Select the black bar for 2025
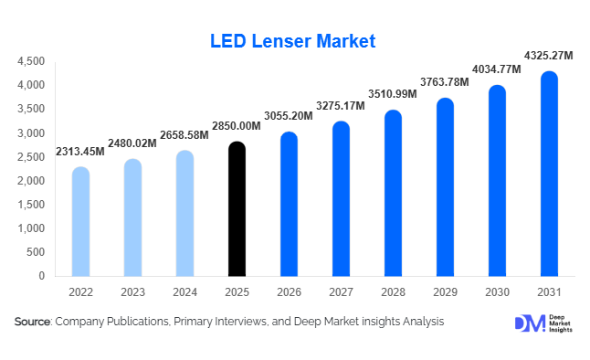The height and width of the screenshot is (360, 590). [237, 209]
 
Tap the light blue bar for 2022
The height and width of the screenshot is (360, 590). [80, 222]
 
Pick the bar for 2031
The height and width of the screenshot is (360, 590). [549, 174]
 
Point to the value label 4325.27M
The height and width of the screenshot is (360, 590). [549, 56]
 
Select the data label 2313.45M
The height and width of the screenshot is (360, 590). [80, 152]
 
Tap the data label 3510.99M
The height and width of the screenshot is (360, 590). [393, 95]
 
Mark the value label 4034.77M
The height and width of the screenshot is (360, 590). [497, 69]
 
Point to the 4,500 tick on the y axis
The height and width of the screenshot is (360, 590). [32, 61]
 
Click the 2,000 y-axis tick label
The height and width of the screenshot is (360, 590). [32, 181]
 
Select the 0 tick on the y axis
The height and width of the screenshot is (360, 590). [42, 276]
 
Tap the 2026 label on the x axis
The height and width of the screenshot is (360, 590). [289, 292]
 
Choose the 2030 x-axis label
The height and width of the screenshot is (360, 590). [497, 292]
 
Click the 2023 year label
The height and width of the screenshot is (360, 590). [132, 292]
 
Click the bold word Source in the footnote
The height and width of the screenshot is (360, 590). [33, 322]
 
